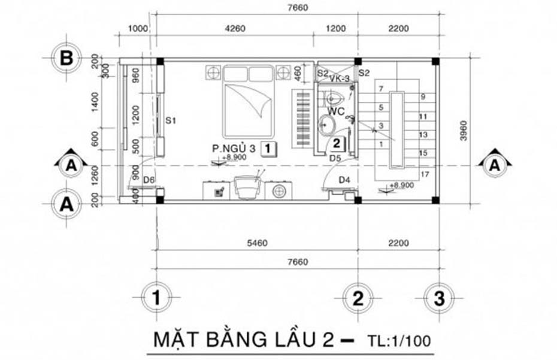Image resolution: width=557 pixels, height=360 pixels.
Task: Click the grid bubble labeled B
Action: point(68,59)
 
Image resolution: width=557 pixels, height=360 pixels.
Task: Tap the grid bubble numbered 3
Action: point(439,297)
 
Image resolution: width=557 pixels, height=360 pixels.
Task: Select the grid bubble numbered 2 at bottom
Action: point(358,297)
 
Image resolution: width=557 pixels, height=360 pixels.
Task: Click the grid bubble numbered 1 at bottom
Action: point(157,297)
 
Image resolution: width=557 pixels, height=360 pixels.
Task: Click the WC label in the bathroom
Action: point(335,111)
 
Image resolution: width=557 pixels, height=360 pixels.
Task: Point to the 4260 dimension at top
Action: point(235,28)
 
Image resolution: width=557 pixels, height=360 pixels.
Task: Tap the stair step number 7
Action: point(380,89)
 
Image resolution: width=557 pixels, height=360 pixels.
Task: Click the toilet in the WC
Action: point(334,98)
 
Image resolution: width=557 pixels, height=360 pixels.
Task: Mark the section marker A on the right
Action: point(495,167)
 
